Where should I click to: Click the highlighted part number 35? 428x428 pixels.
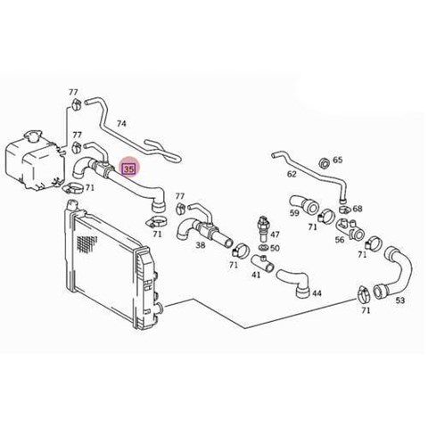129,169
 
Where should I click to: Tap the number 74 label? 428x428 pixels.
121,123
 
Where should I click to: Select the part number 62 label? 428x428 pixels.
292,174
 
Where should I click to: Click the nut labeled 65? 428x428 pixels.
325,163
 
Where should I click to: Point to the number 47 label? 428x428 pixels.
275,235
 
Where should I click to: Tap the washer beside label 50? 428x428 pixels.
263,248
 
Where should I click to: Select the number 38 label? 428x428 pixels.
201,245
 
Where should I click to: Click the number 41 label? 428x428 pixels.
256,275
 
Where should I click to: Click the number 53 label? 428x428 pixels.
400,300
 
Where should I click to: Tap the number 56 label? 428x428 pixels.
340,240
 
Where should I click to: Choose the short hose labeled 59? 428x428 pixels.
304,204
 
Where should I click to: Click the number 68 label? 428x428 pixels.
358,209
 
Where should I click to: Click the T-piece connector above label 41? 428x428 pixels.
262,262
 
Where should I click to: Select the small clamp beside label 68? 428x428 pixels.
345,209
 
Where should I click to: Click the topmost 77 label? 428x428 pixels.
73,92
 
